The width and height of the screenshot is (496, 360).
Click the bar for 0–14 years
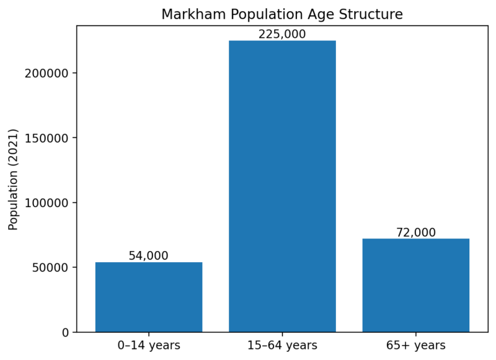click(x=149, y=297)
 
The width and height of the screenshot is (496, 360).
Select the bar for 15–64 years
click(x=282, y=186)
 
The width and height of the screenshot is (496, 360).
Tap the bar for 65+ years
click(x=415, y=285)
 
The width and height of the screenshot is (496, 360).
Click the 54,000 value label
click(x=149, y=256)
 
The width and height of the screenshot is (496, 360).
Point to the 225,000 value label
click(x=282, y=35)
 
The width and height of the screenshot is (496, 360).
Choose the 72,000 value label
click(x=415, y=233)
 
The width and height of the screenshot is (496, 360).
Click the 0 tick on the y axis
click(x=65, y=333)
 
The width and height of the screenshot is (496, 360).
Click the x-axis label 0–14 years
click(x=149, y=345)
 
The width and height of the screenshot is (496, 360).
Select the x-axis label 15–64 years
click(x=282, y=345)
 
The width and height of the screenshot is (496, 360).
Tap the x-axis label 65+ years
click(x=415, y=345)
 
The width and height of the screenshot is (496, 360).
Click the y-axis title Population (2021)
click(x=14, y=180)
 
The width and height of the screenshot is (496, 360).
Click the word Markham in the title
click(x=188, y=14)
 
